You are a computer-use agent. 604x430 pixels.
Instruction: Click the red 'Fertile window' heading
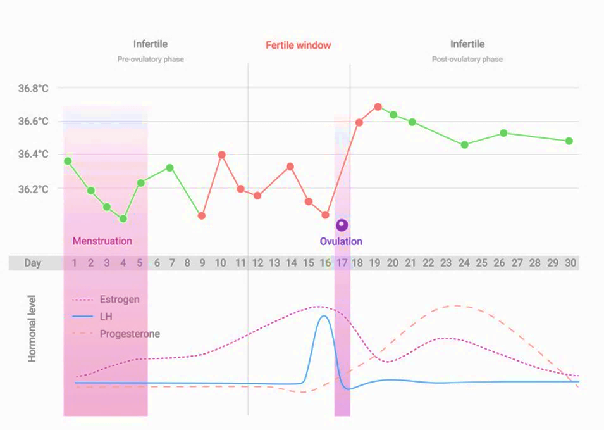click(x=298, y=46)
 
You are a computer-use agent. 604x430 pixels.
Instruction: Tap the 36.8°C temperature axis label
click(x=33, y=89)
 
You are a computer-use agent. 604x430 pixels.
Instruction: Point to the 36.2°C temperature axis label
click(x=33, y=189)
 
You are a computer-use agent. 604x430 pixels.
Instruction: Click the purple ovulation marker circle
click(x=342, y=225)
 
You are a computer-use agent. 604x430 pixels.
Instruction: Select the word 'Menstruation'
click(x=102, y=241)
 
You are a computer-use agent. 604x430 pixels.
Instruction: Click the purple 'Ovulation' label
click(x=341, y=241)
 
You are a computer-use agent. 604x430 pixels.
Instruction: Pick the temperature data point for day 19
click(x=378, y=107)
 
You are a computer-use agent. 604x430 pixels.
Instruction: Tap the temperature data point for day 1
click(x=68, y=161)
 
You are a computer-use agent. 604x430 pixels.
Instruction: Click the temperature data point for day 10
click(x=221, y=155)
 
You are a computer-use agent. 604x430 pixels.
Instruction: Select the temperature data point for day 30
click(x=569, y=141)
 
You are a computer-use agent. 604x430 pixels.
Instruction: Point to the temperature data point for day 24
click(x=465, y=145)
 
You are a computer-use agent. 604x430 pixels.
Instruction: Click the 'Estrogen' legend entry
click(x=120, y=300)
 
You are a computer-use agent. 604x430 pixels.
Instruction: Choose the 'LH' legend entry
click(x=106, y=317)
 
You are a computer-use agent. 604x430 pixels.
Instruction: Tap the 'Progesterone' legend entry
click(x=130, y=334)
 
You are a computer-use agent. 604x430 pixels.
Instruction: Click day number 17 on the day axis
click(x=342, y=263)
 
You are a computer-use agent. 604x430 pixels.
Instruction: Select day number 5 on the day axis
click(x=140, y=263)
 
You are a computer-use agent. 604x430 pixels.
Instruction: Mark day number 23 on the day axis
click(x=446, y=263)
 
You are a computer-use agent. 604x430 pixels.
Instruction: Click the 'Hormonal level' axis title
click(x=32, y=328)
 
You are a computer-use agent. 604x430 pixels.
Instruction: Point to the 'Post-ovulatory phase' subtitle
click(x=467, y=60)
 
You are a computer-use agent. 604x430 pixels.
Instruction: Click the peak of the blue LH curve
click(x=324, y=315)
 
